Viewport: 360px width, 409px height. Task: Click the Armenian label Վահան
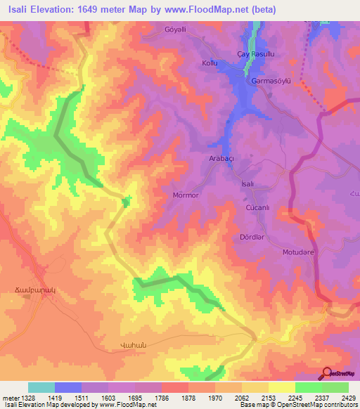click(122, 346)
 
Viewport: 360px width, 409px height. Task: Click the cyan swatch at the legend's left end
click(41, 387)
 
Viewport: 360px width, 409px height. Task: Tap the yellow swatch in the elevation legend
click(281, 387)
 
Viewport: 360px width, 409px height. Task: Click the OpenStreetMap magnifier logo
click(327, 374)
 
